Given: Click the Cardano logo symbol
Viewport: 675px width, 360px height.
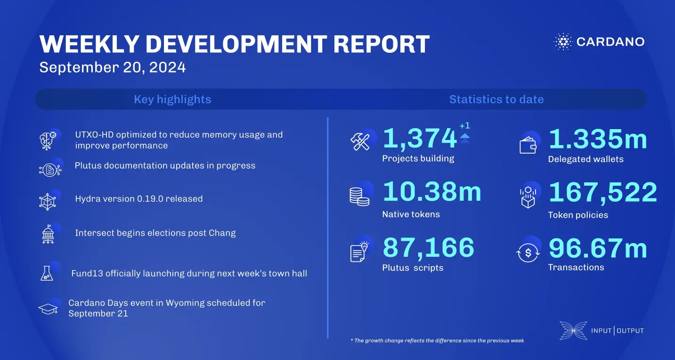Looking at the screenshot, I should coord(562,41).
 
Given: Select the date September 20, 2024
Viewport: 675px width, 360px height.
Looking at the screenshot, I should coord(113,67).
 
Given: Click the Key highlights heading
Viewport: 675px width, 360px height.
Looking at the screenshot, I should coord(172,99).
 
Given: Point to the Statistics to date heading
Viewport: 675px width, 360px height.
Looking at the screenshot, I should coord(496,99).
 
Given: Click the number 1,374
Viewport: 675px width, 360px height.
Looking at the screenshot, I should coord(419,139).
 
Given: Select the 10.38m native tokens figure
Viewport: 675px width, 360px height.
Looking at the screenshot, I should coord(432,192).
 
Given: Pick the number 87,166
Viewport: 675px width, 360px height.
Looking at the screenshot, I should coord(428,248).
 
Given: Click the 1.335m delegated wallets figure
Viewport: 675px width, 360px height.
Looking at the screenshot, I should coord(598,139).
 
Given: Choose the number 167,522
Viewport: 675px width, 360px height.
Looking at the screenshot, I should coord(602,193).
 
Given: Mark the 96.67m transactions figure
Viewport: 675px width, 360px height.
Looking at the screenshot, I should coord(598,248).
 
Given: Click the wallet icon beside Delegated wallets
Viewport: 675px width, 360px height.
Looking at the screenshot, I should coord(528,146).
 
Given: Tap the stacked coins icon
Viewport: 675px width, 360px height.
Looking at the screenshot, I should coord(359,196).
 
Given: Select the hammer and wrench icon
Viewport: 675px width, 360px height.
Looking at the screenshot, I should coord(360,142).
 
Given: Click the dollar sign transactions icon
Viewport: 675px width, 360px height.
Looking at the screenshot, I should coord(528,253).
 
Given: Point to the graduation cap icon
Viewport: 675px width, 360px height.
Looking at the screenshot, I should coord(48,309).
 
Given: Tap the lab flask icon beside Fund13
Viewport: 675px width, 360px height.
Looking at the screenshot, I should coord(46,273).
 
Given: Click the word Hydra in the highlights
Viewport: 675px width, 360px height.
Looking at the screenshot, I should coord(88,199).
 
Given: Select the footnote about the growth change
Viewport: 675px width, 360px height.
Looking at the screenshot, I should coord(437,341).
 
